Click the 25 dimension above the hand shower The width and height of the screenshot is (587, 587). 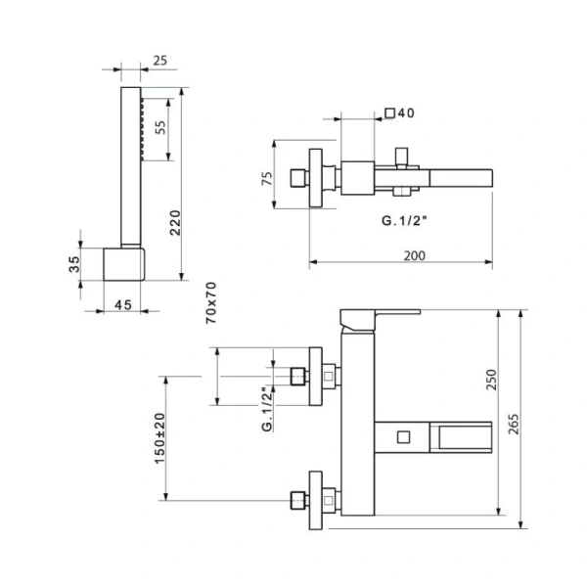point(159,61)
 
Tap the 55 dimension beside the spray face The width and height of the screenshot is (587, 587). point(159,127)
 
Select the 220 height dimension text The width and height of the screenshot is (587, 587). point(175,223)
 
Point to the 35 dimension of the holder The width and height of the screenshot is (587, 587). point(74,264)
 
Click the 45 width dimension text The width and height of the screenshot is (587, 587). point(123,305)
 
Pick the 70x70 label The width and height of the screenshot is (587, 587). point(211,303)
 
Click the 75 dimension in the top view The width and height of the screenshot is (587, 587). point(267,178)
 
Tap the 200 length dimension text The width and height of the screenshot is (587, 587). point(415,255)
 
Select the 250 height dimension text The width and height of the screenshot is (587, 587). point(491,380)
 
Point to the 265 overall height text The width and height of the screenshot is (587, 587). point(514,425)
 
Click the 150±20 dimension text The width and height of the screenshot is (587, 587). point(159,438)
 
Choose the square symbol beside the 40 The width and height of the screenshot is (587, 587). point(390,113)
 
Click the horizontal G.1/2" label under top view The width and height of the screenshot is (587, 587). point(404,220)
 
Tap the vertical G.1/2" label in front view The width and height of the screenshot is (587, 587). point(267,410)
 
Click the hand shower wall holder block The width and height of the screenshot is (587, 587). point(124,264)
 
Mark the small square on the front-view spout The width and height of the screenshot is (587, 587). point(403,437)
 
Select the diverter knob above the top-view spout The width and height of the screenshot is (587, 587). point(402,157)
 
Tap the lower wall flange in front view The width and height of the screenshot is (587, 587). point(316,501)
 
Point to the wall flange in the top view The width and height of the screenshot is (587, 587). point(316,178)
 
